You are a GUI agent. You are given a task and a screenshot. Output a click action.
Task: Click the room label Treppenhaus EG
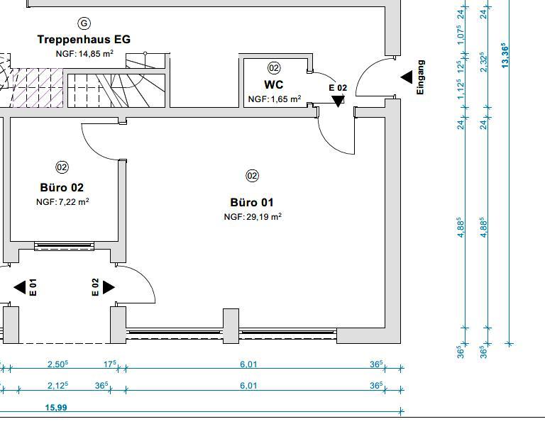tap(84, 40)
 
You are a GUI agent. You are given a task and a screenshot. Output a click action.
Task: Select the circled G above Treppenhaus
tap(84, 23)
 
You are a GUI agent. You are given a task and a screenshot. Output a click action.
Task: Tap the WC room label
tap(274, 84)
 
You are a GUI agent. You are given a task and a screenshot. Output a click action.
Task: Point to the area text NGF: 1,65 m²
tap(274, 99)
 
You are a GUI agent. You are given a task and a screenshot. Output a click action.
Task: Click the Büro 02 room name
tap(62, 188)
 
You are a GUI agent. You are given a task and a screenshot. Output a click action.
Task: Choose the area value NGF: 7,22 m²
tap(62, 202)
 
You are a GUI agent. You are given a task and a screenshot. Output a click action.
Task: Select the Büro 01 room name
tap(252, 203)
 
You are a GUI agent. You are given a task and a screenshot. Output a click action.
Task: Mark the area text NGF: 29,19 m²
tap(253, 217)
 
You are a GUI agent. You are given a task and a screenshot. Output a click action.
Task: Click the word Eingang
tap(420, 77)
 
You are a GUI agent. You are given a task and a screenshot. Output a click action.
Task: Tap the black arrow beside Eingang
tap(406, 77)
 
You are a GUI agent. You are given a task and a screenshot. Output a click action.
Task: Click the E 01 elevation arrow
tap(20, 287)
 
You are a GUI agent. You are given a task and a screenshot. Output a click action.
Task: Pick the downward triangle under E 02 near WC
tap(338, 101)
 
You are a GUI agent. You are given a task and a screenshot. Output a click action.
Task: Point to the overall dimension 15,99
tap(57, 408)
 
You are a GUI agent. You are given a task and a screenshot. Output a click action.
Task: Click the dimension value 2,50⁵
tap(57, 364)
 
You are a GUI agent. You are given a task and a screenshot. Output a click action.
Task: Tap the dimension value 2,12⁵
tap(57, 386)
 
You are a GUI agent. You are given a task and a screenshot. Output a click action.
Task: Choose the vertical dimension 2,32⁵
tap(483, 62)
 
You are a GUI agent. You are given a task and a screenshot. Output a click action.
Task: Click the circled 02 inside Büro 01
tap(252, 175)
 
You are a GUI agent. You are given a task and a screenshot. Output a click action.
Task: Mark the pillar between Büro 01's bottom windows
tap(231, 326)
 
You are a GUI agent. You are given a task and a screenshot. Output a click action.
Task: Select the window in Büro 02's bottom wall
tap(62, 247)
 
